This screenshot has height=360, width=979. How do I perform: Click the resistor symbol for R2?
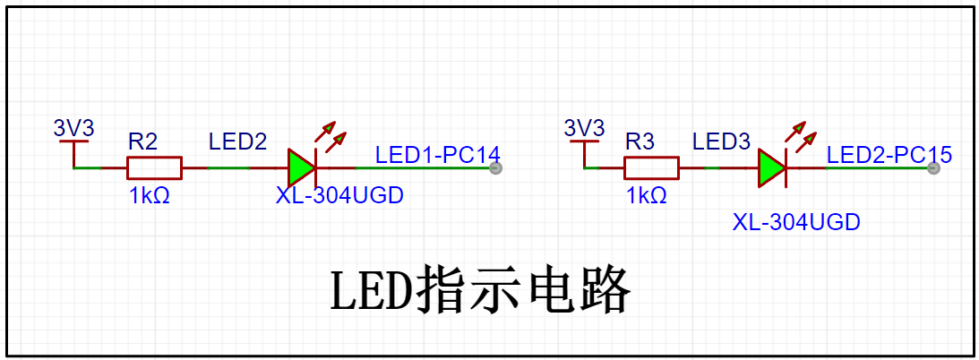pos(154,167)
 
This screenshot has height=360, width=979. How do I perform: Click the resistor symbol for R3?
pos(651,167)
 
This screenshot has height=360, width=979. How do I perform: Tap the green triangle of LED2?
pos(301,167)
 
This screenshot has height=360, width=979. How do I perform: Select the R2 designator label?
pos(143,141)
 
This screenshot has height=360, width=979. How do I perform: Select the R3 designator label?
pos(640,141)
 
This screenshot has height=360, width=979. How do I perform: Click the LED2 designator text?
pos(237,141)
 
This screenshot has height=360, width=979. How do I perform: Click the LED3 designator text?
pos(721,141)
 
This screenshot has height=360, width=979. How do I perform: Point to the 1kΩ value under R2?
pos(148,195)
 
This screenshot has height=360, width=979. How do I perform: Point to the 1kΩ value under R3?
pos(646,195)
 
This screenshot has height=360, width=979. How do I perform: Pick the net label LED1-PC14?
pos(437,155)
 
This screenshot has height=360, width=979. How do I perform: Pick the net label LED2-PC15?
pos(889,155)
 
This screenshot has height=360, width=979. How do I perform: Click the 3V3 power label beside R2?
pos(73,127)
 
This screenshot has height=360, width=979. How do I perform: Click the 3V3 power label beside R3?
pos(584,127)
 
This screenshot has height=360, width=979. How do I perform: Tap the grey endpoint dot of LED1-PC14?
pos(494,167)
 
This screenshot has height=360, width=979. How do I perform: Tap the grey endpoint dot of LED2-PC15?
pos(934,167)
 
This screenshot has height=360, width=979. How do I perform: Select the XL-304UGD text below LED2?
pos(339,195)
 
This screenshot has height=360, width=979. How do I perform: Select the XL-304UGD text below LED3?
pos(796,222)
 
